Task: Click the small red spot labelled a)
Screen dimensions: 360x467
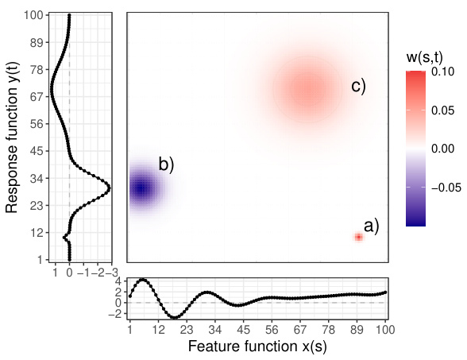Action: (358, 237)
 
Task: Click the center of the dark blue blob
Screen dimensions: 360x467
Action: (141, 189)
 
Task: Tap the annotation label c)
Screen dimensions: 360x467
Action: (358, 87)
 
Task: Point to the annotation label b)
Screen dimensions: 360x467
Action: (166, 165)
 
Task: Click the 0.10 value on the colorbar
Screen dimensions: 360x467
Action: (443, 72)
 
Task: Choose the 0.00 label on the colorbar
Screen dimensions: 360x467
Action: (443, 149)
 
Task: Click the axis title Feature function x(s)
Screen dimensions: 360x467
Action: (257, 346)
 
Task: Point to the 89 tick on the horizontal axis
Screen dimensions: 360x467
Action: (357, 329)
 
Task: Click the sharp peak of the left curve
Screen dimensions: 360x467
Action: (109, 188)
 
